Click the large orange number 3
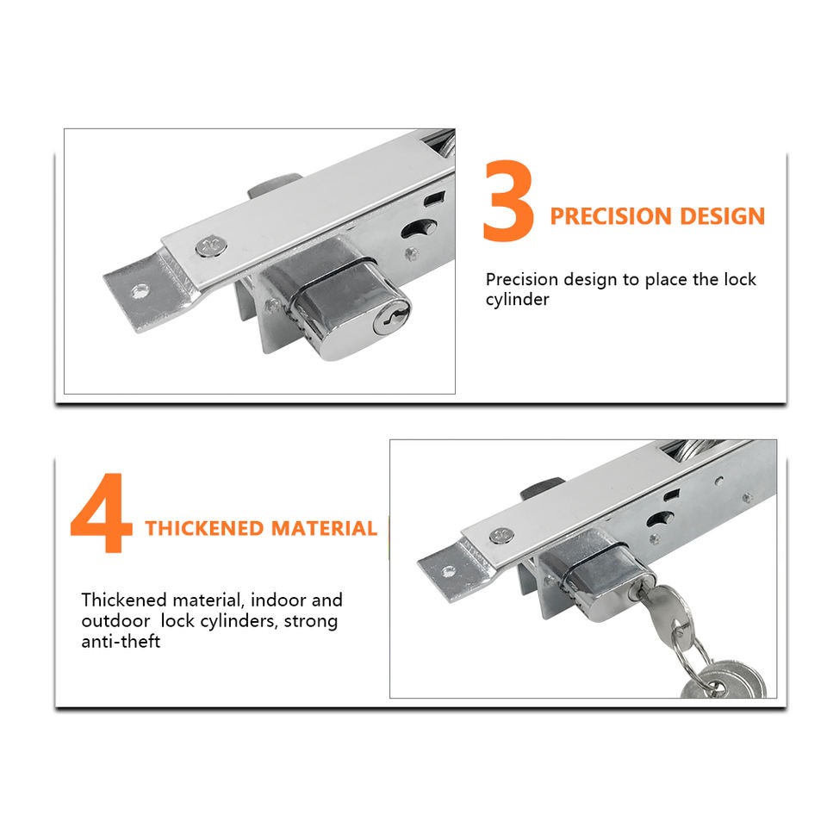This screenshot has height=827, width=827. pyautogui.click(x=509, y=201)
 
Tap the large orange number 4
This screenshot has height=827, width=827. pyautogui.click(x=102, y=512)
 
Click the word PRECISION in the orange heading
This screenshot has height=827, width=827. pyautogui.click(x=610, y=216)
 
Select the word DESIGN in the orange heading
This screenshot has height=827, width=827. pyautogui.click(x=722, y=216)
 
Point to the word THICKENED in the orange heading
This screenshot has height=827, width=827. pyautogui.click(x=203, y=528)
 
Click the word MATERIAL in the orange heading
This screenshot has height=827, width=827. pyautogui.click(x=325, y=528)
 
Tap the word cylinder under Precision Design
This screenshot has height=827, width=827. pyautogui.click(x=518, y=300)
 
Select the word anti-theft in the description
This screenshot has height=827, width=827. pyautogui.click(x=121, y=641)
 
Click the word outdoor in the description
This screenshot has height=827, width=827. pyautogui.click(x=115, y=621)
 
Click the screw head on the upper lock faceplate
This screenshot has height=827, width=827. pyautogui.click(x=212, y=246)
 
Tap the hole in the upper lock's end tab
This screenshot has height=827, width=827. pyautogui.click(x=140, y=290)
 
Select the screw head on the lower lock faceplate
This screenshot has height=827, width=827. pyautogui.click(x=501, y=536)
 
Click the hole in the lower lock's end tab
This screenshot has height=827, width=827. pyautogui.click(x=448, y=570)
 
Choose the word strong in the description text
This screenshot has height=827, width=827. pyautogui.click(x=311, y=621)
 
